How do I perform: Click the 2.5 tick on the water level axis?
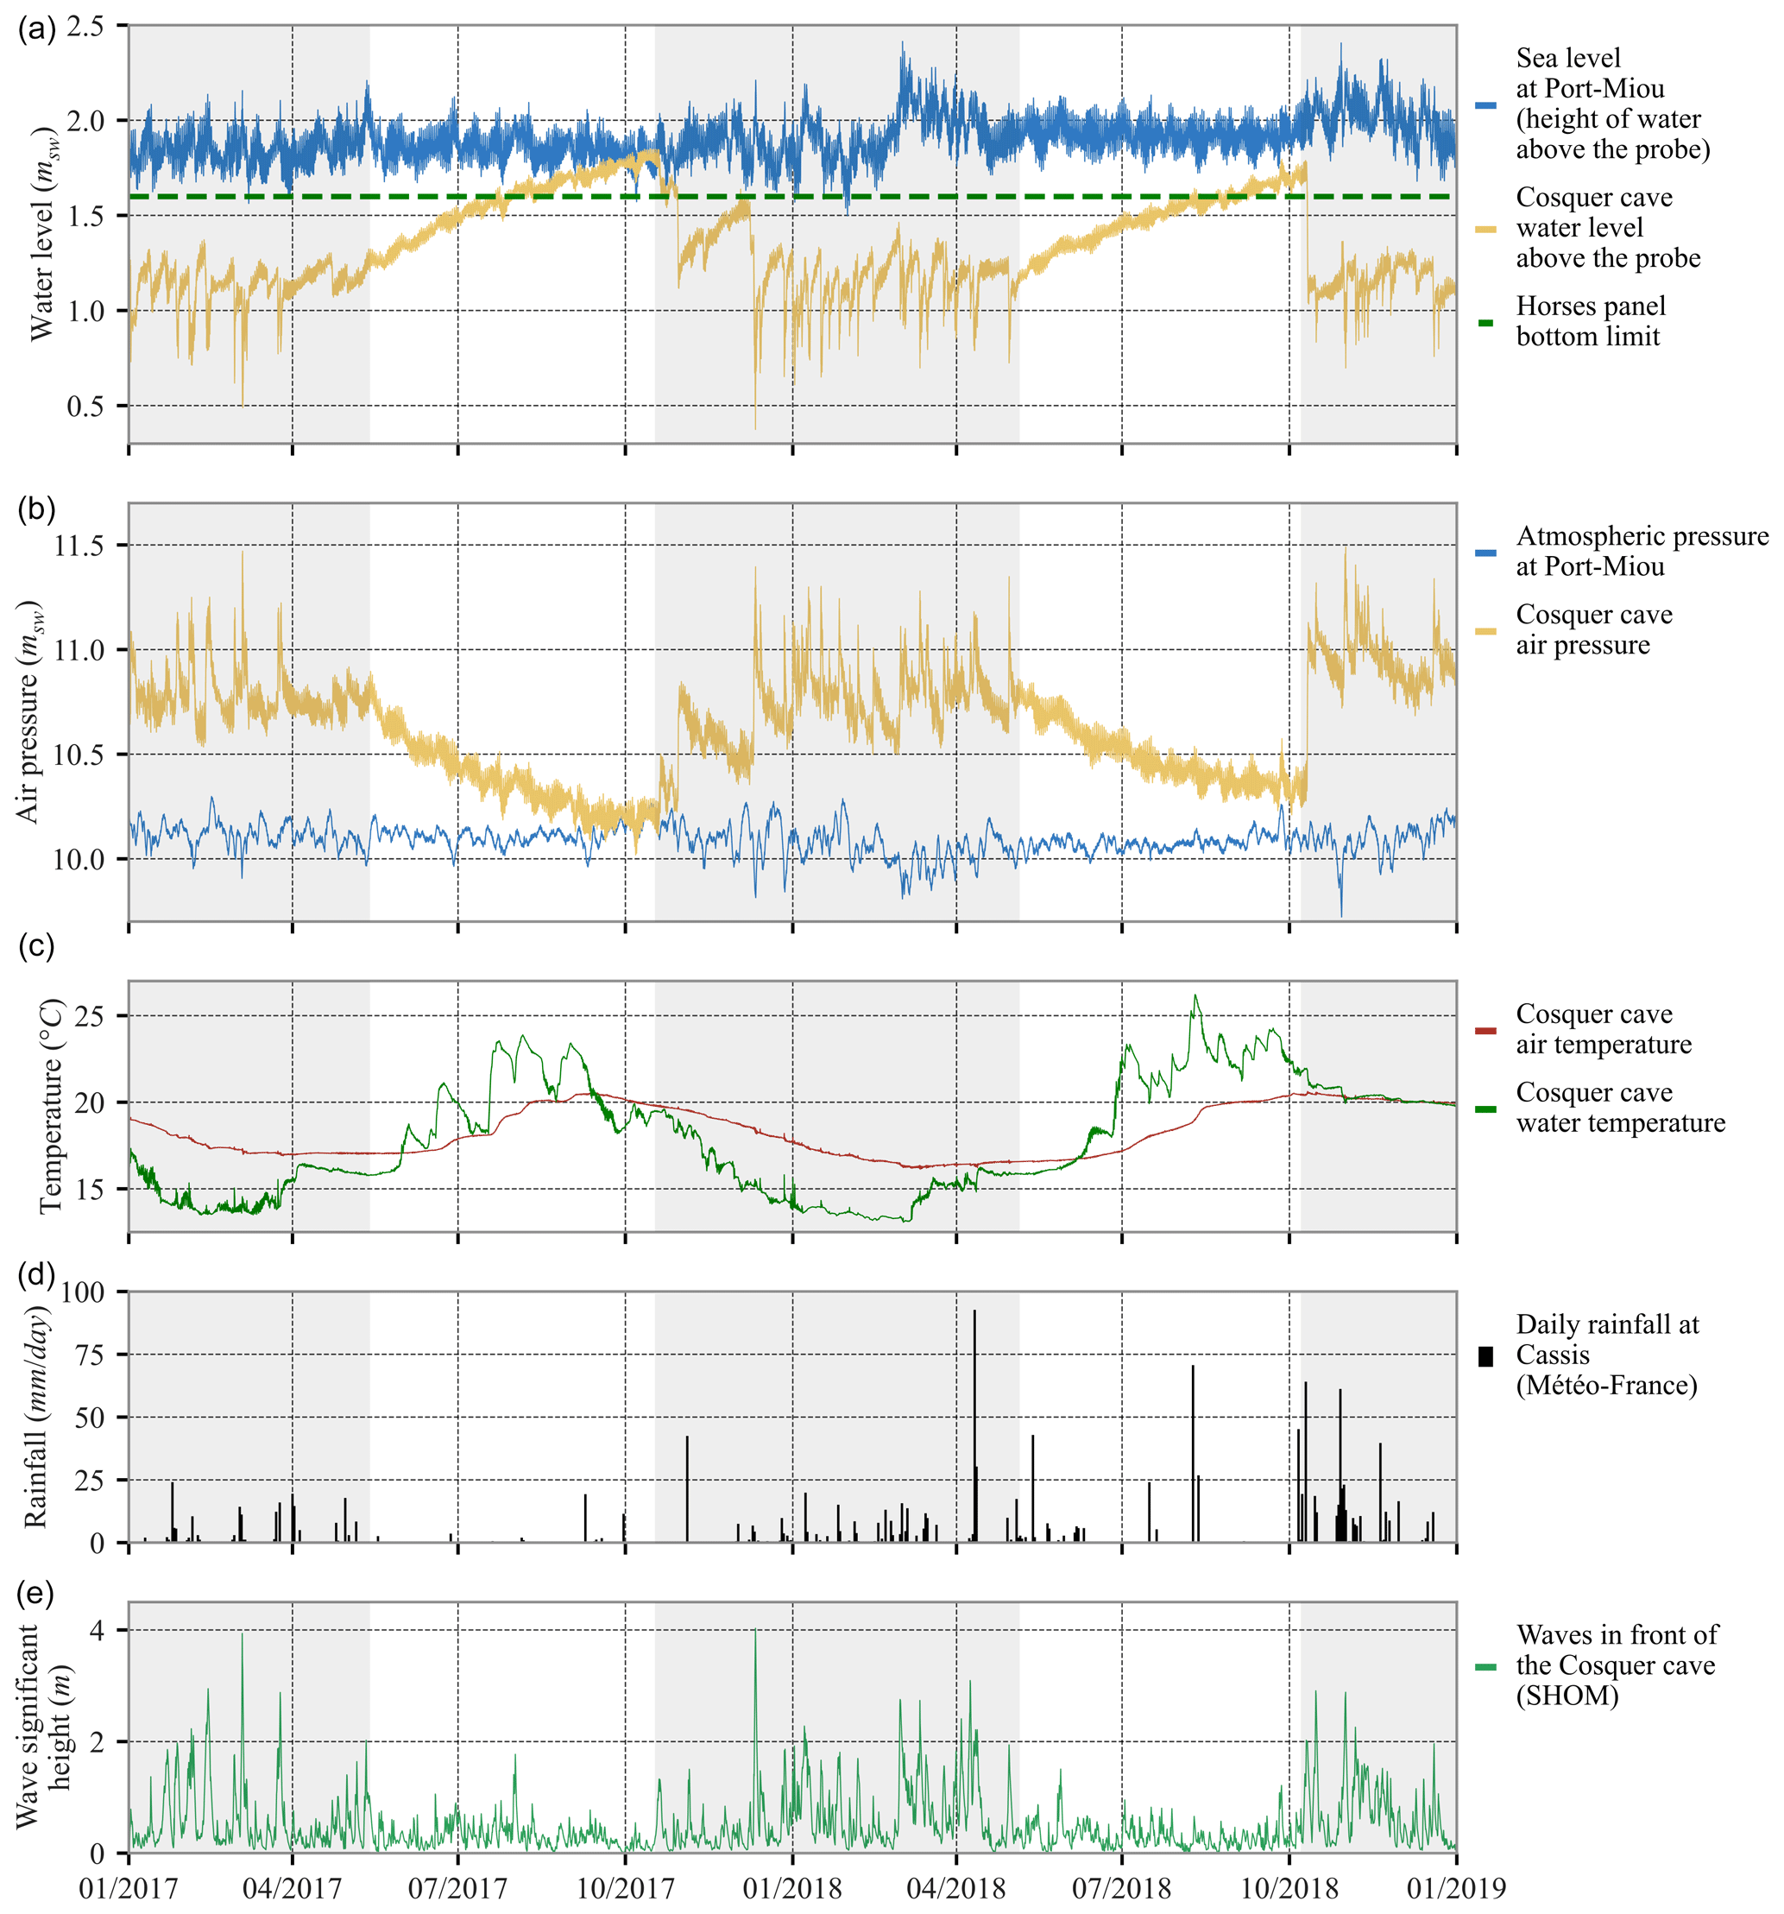[85, 27]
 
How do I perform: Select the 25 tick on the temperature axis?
[90, 1016]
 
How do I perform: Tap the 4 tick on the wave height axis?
[97, 1630]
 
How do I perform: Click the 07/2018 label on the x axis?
[1122, 1888]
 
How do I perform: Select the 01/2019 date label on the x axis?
[1455, 1888]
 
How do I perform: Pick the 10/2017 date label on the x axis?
[625, 1888]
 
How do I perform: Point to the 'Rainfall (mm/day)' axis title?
[35, 1416]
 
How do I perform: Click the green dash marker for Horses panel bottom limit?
[1485, 323]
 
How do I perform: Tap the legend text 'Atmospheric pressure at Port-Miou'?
[1642, 551]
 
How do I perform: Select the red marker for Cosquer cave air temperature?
[1485, 1030]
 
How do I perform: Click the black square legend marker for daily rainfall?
[1485, 1355]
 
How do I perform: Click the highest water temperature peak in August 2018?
[1195, 997]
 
